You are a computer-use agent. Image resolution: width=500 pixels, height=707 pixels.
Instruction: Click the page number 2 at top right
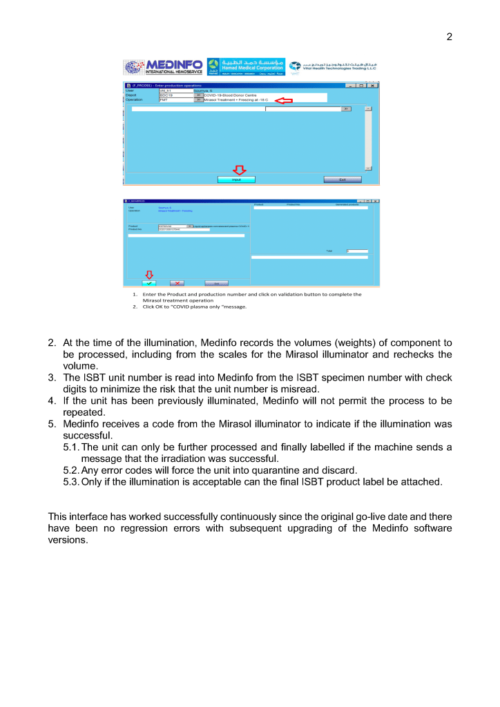click(x=449, y=37)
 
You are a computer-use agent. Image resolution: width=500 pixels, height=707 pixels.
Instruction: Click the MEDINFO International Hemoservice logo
click(x=164, y=67)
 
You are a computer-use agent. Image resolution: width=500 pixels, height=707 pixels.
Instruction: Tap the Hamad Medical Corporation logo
click(x=246, y=67)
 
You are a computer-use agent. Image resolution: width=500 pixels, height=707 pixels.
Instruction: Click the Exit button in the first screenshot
click(x=342, y=180)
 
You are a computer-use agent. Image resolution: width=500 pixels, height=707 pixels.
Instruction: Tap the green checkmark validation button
click(x=149, y=283)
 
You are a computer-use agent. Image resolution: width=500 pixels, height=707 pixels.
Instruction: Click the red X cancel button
click(x=177, y=283)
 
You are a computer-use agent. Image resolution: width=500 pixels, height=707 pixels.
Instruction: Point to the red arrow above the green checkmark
click(x=148, y=275)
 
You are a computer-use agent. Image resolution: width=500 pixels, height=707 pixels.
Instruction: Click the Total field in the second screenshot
click(x=358, y=251)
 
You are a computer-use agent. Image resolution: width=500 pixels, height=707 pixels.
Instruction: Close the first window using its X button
click(x=373, y=86)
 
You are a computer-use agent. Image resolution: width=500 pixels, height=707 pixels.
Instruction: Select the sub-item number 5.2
click(x=71, y=471)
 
